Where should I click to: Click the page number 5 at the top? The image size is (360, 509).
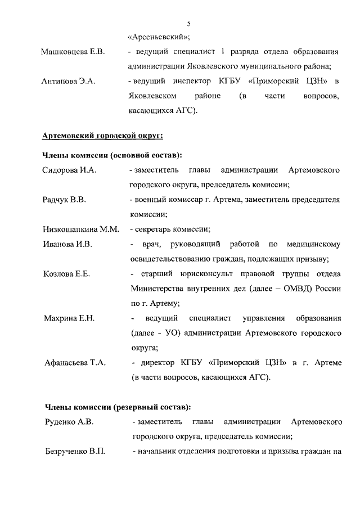pos(188,23)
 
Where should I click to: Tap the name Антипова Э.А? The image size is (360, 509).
pos(68,82)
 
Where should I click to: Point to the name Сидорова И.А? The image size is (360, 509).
pos(70,169)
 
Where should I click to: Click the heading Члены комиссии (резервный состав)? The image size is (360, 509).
pos(116,407)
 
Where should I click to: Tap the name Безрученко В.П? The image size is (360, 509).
pos(75,451)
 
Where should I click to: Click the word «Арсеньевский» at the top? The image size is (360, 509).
pos(158,37)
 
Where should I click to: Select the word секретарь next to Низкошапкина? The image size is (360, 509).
pos(156,229)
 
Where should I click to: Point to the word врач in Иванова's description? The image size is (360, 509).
pos(152,244)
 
